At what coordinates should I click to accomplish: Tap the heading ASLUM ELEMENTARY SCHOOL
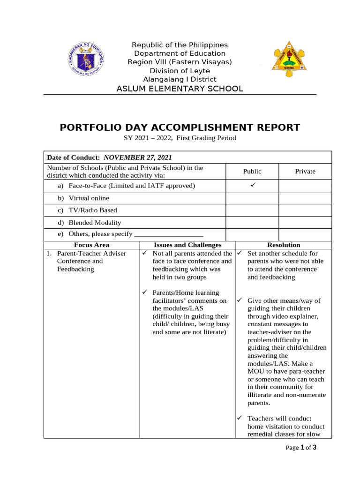click(180, 89)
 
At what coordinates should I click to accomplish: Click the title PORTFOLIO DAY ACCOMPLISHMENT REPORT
click(180, 127)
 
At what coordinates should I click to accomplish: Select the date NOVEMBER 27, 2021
click(137, 157)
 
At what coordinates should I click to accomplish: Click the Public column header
click(252, 172)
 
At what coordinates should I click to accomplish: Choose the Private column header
click(305, 172)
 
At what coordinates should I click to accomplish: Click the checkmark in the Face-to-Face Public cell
click(252, 186)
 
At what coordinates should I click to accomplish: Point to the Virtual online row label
click(89, 198)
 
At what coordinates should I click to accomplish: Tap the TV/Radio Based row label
click(93, 210)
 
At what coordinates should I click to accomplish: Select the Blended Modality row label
click(95, 223)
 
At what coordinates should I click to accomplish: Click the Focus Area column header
click(91, 245)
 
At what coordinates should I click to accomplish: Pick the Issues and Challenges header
click(187, 245)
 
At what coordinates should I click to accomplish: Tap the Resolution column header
click(284, 245)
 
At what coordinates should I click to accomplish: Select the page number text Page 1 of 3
click(301, 448)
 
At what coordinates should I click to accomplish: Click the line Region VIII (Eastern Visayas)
click(180, 62)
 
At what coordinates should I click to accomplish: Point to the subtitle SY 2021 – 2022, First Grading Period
click(180, 138)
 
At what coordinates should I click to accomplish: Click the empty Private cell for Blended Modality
click(305, 223)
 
